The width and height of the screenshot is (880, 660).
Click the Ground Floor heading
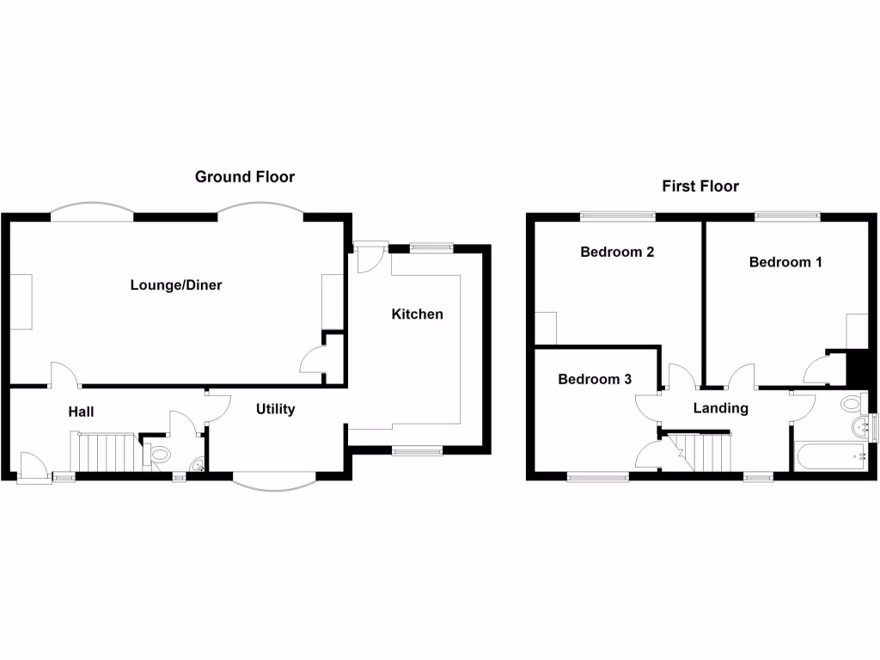[x=245, y=177]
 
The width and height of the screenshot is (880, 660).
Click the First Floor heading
[x=700, y=186]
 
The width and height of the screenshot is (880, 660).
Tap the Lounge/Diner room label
[x=176, y=285]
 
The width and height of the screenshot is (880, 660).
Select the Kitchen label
[x=417, y=315]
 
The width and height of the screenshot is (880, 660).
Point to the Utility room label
[x=276, y=409]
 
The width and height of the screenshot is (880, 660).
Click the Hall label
[x=81, y=412]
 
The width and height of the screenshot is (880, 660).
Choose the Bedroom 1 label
[x=785, y=262]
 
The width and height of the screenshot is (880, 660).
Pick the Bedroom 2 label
[x=617, y=252]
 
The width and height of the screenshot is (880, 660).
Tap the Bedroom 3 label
[x=595, y=379]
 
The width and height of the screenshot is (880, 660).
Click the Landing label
[x=721, y=408]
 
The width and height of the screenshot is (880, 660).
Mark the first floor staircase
[x=700, y=452]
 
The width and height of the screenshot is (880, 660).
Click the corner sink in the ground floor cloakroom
[x=199, y=465]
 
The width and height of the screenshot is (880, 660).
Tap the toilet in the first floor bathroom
[x=852, y=403]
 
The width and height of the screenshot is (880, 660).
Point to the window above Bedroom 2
[x=617, y=216]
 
